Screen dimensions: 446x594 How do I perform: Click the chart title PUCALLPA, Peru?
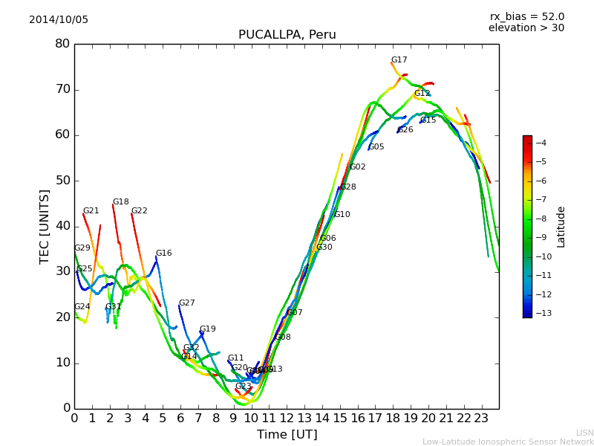pyautogui.click(x=287, y=35)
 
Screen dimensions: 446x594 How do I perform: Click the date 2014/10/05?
pyautogui.click(x=59, y=20)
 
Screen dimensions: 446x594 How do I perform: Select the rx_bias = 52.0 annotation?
pyautogui.click(x=526, y=17)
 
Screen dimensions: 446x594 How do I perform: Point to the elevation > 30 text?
pyautogui.click(x=526, y=28)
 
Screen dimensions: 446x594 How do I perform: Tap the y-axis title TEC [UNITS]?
pyautogui.click(x=45, y=226)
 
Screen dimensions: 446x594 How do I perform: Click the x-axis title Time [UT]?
pyautogui.click(x=287, y=435)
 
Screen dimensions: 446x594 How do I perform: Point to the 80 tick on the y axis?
pyautogui.click(x=62, y=44)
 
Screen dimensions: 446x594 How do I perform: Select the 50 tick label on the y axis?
pyautogui.click(x=62, y=181)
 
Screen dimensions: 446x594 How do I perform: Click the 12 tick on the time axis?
pyautogui.click(x=287, y=418)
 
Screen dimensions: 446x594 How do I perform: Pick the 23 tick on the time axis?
pyautogui.click(x=481, y=418)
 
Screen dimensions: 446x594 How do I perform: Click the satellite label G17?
pyautogui.click(x=399, y=60)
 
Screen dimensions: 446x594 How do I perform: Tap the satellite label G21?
pyautogui.click(x=91, y=211)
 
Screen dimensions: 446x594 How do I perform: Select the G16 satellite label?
pyautogui.click(x=163, y=253)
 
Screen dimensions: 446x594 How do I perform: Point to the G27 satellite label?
pyautogui.click(x=186, y=303)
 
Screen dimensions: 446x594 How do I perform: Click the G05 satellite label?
pyautogui.click(x=376, y=147)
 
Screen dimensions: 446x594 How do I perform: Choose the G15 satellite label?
pyautogui.click(x=428, y=120)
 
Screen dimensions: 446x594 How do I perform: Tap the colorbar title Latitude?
pyautogui.click(x=561, y=227)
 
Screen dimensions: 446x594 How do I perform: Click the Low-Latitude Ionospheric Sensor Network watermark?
pyautogui.click(x=508, y=442)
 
